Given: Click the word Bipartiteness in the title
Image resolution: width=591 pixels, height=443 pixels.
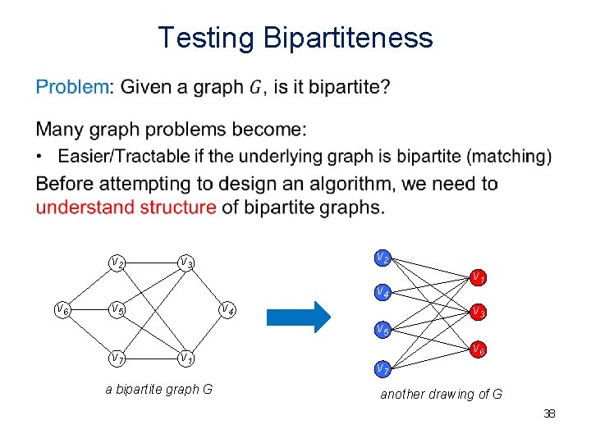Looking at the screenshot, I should [348, 38].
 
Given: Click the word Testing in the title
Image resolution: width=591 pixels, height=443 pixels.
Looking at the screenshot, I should [206, 39].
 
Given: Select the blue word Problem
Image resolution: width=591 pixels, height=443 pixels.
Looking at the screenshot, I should [72, 86].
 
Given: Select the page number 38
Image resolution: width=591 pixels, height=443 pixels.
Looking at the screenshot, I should [549, 413].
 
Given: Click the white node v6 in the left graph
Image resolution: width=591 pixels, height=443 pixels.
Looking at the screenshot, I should [62, 309].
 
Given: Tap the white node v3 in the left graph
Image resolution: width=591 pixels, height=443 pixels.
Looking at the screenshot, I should [187, 263].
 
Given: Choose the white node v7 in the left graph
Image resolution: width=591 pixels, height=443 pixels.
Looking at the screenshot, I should [118, 359].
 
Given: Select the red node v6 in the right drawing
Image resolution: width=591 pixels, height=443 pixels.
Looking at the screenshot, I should [478, 349].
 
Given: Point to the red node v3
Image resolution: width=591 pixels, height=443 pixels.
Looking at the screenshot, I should [478, 312].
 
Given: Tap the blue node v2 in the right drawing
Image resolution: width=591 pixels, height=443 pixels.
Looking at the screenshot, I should [383, 258].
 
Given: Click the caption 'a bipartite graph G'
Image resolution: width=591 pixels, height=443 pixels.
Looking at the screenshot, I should [159, 389].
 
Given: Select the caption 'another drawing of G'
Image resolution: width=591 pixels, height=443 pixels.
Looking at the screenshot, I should [441, 394].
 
